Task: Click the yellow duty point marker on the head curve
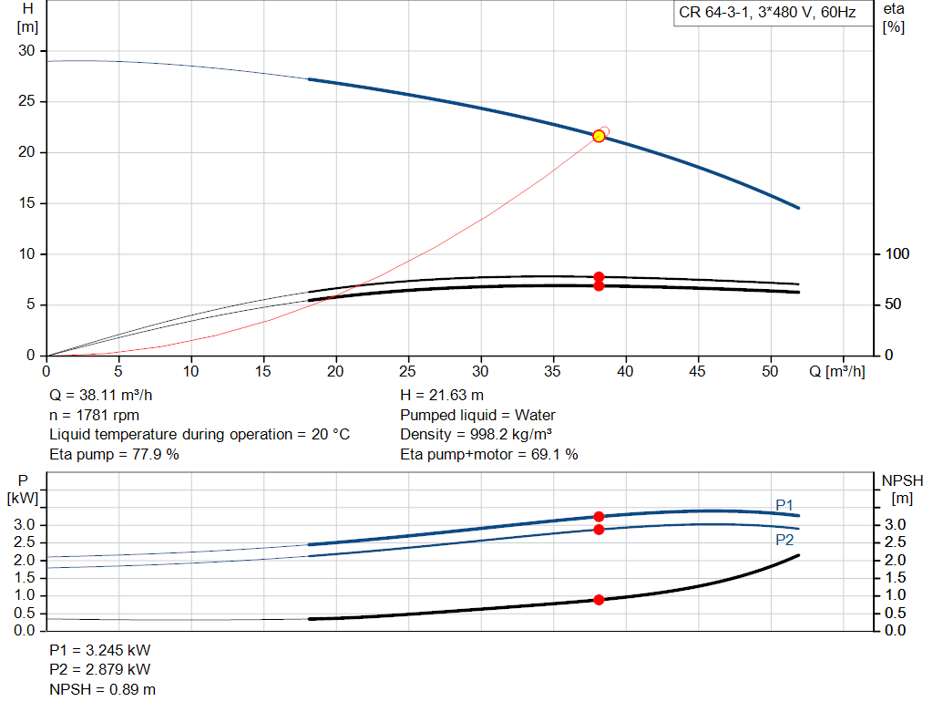pyautogui.click(x=600, y=137)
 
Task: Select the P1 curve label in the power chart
pyautogui.click(x=784, y=505)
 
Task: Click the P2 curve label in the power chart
pyautogui.click(x=784, y=540)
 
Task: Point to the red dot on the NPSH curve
pyautogui.click(x=600, y=600)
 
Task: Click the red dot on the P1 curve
pyautogui.click(x=600, y=517)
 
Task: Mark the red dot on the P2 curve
pyautogui.click(x=600, y=530)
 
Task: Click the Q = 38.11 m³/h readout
pyautogui.click(x=100, y=396)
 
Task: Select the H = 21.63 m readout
pyautogui.click(x=442, y=396)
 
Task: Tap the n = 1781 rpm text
pyautogui.click(x=94, y=415)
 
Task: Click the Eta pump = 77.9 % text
pyautogui.click(x=114, y=454)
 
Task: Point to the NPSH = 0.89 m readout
pyautogui.click(x=102, y=689)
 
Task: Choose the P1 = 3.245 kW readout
pyautogui.click(x=99, y=650)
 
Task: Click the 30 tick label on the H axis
pyautogui.click(x=26, y=51)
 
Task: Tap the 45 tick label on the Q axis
pyautogui.click(x=697, y=371)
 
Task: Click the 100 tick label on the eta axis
pyautogui.click(x=897, y=253)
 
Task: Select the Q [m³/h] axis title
pyautogui.click(x=837, y=371)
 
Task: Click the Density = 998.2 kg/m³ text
pyautogui.click(x=476, y=435)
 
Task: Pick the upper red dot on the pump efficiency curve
pyautogui.click(x=600, y=277)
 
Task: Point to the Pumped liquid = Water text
pyautogui.click(x=477, y=415)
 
